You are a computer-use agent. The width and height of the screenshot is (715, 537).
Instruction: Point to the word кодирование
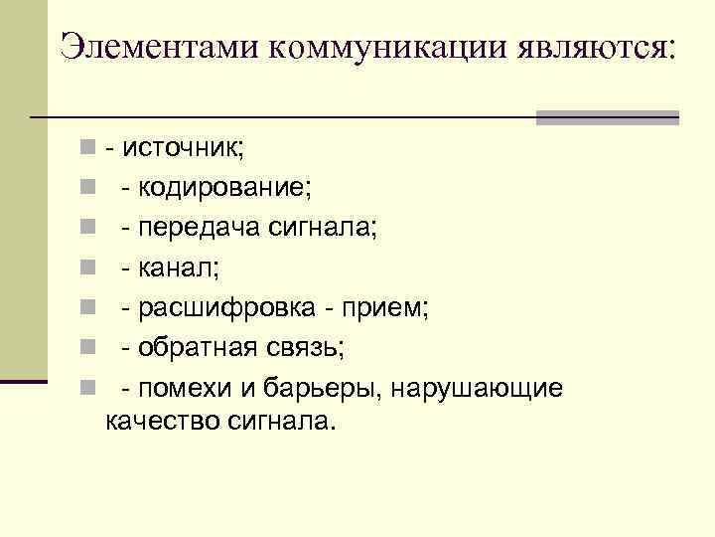tap(222, 187)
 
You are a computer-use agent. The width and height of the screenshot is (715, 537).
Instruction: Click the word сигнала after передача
tap(323, 228)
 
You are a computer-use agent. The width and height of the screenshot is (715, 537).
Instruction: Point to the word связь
tap(298, 347)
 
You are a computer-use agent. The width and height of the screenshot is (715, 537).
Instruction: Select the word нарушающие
tap(478, 387)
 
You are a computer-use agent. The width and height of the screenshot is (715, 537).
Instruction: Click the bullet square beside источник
tap(89, 150)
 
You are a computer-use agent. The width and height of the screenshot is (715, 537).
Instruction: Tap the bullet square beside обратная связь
tap(89, 348)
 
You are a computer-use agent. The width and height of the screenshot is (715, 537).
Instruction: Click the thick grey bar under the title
tap(607, 116)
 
